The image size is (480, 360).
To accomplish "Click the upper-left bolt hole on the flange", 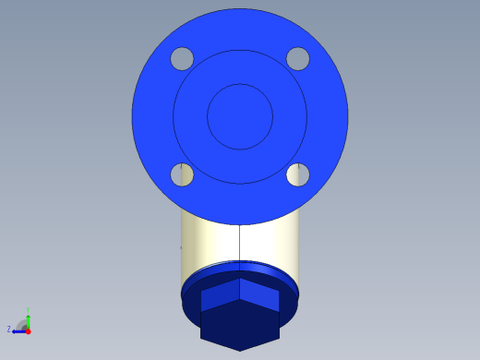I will coord(182,59).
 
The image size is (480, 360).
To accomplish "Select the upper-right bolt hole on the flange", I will coord(297,59).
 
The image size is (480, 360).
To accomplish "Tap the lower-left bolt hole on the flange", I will coord(182,174).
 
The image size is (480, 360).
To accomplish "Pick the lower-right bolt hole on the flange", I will coord(297,174).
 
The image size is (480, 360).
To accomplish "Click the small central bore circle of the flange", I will coord(240,116).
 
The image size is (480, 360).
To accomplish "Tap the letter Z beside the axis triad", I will coord(9,329).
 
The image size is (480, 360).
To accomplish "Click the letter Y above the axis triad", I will coord(28,310).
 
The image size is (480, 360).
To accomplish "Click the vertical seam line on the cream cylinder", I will coord(240,245).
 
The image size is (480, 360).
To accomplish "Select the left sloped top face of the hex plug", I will coord(220,294).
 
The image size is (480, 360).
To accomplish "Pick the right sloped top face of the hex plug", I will coord(259,294).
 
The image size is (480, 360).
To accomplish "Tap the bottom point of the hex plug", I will coord(240,350).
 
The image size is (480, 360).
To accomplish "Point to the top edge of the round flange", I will coord(240,9).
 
